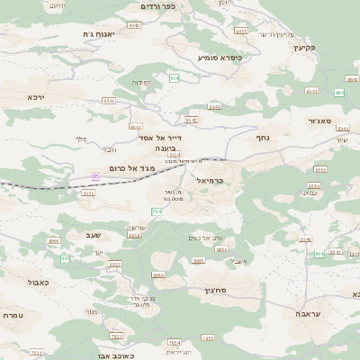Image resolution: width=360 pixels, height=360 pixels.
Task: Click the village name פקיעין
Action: click(303, 47)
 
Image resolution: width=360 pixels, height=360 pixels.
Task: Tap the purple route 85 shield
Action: click(95, 177)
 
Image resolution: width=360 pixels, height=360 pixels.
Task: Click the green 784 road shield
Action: click(156, 211)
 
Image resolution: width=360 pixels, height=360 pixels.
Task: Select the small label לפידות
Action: click(141, 83)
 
